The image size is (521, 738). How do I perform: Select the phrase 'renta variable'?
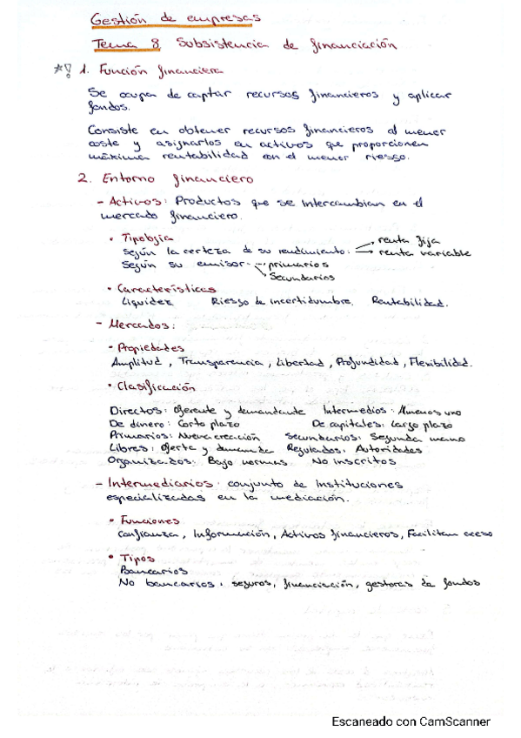[x=425, y=252]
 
